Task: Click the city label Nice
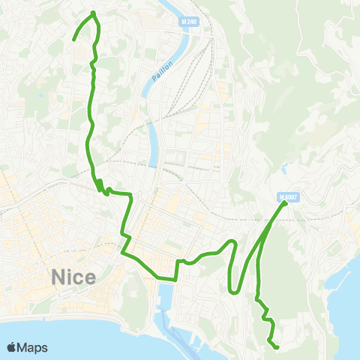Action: click(73, 277)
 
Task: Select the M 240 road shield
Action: click(188, 22)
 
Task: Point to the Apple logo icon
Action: click(12, 347)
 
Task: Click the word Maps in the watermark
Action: click(33, 347)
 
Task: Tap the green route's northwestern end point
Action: click(73, 40)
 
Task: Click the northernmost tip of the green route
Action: click(93, 13)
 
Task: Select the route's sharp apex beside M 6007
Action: click(285, 202)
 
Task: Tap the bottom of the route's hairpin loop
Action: click(235, 292)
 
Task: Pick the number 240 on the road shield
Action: click(191, 22)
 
